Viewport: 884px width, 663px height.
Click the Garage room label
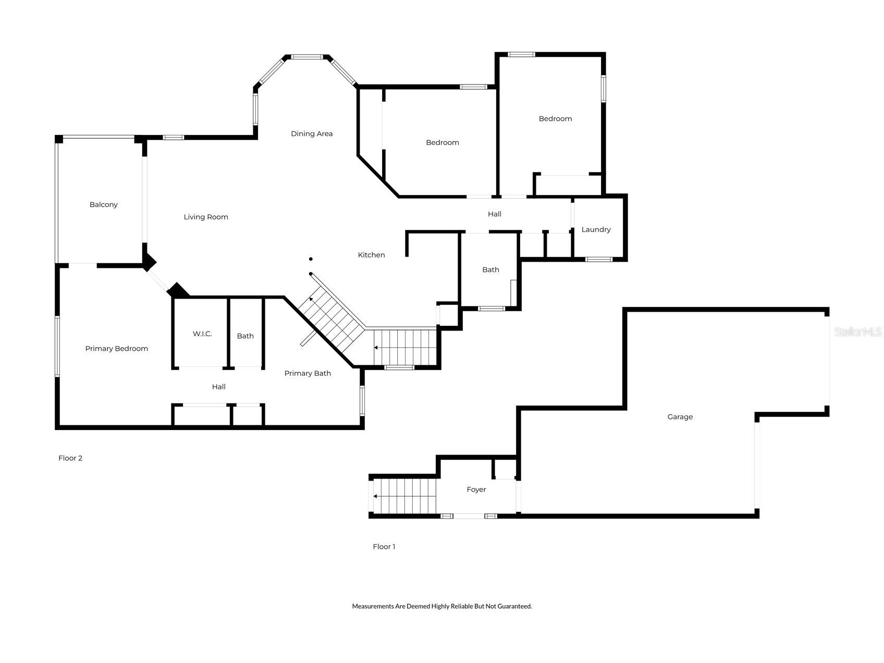click(x=680, y=417)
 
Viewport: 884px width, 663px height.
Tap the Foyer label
click(x=476, y=490)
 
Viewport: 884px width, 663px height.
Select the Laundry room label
click(x=596, y=230)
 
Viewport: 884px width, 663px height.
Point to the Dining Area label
click(x=312, y=134)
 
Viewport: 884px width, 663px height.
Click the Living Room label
click(x=206, y=217)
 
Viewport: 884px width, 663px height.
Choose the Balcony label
click(x=104, y=205)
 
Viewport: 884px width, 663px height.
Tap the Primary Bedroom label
click(x=117, y=349)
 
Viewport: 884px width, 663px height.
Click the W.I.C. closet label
click(x=202, y=334)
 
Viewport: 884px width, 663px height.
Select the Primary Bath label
click(x=308, y=374)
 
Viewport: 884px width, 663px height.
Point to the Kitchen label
click(x=371, y=255)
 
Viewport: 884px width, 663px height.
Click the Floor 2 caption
click(x=70, y=458)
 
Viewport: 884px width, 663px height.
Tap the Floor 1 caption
click(x=384, y=547)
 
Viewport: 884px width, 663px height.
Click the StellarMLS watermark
click(x=858, y=332)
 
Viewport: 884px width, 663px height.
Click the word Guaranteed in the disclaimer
click(x=514, y=606)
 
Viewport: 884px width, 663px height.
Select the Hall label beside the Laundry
click(x=495, y=214)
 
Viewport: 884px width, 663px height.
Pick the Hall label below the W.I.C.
click(x=219, y=387)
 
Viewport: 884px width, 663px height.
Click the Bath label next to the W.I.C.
click(x=245, y=336)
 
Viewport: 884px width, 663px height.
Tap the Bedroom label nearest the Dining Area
click(x=443, y=143)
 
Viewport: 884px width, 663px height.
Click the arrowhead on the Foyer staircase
click(x=375, y=496)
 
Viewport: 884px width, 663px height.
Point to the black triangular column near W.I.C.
click(x=178, y=291)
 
